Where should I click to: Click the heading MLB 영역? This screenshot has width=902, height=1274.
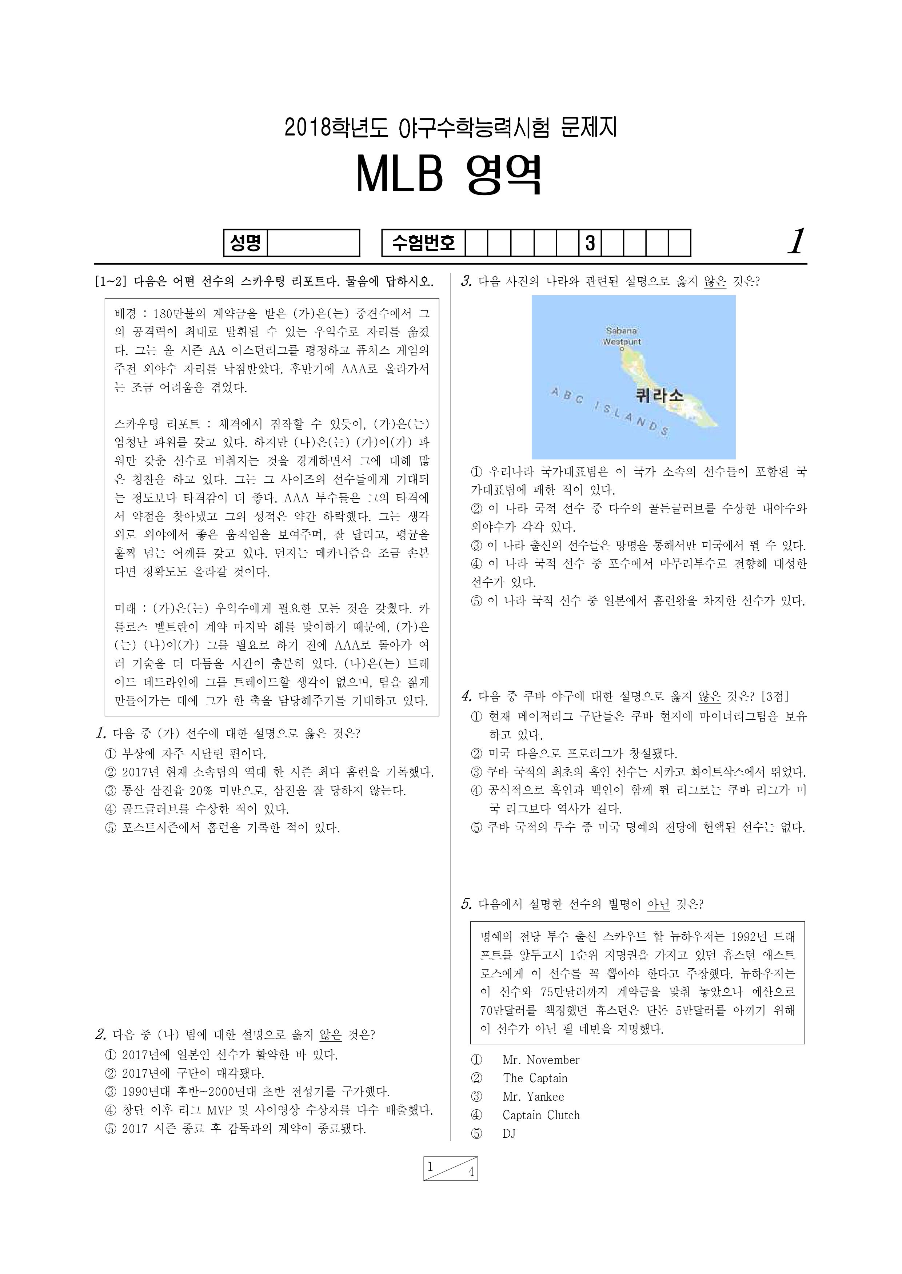(x=449, y=175)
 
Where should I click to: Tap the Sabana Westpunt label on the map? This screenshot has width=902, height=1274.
(x=622, y=337)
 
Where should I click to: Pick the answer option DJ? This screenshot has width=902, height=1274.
(x=509, y=1134)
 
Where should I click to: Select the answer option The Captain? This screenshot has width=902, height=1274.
(x=535, y=1078)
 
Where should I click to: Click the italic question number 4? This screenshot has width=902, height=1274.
(x=467, y=696)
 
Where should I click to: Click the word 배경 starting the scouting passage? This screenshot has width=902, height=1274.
(x=125, y=314)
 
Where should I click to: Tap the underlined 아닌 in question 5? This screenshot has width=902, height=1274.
(x=658, y=904)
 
